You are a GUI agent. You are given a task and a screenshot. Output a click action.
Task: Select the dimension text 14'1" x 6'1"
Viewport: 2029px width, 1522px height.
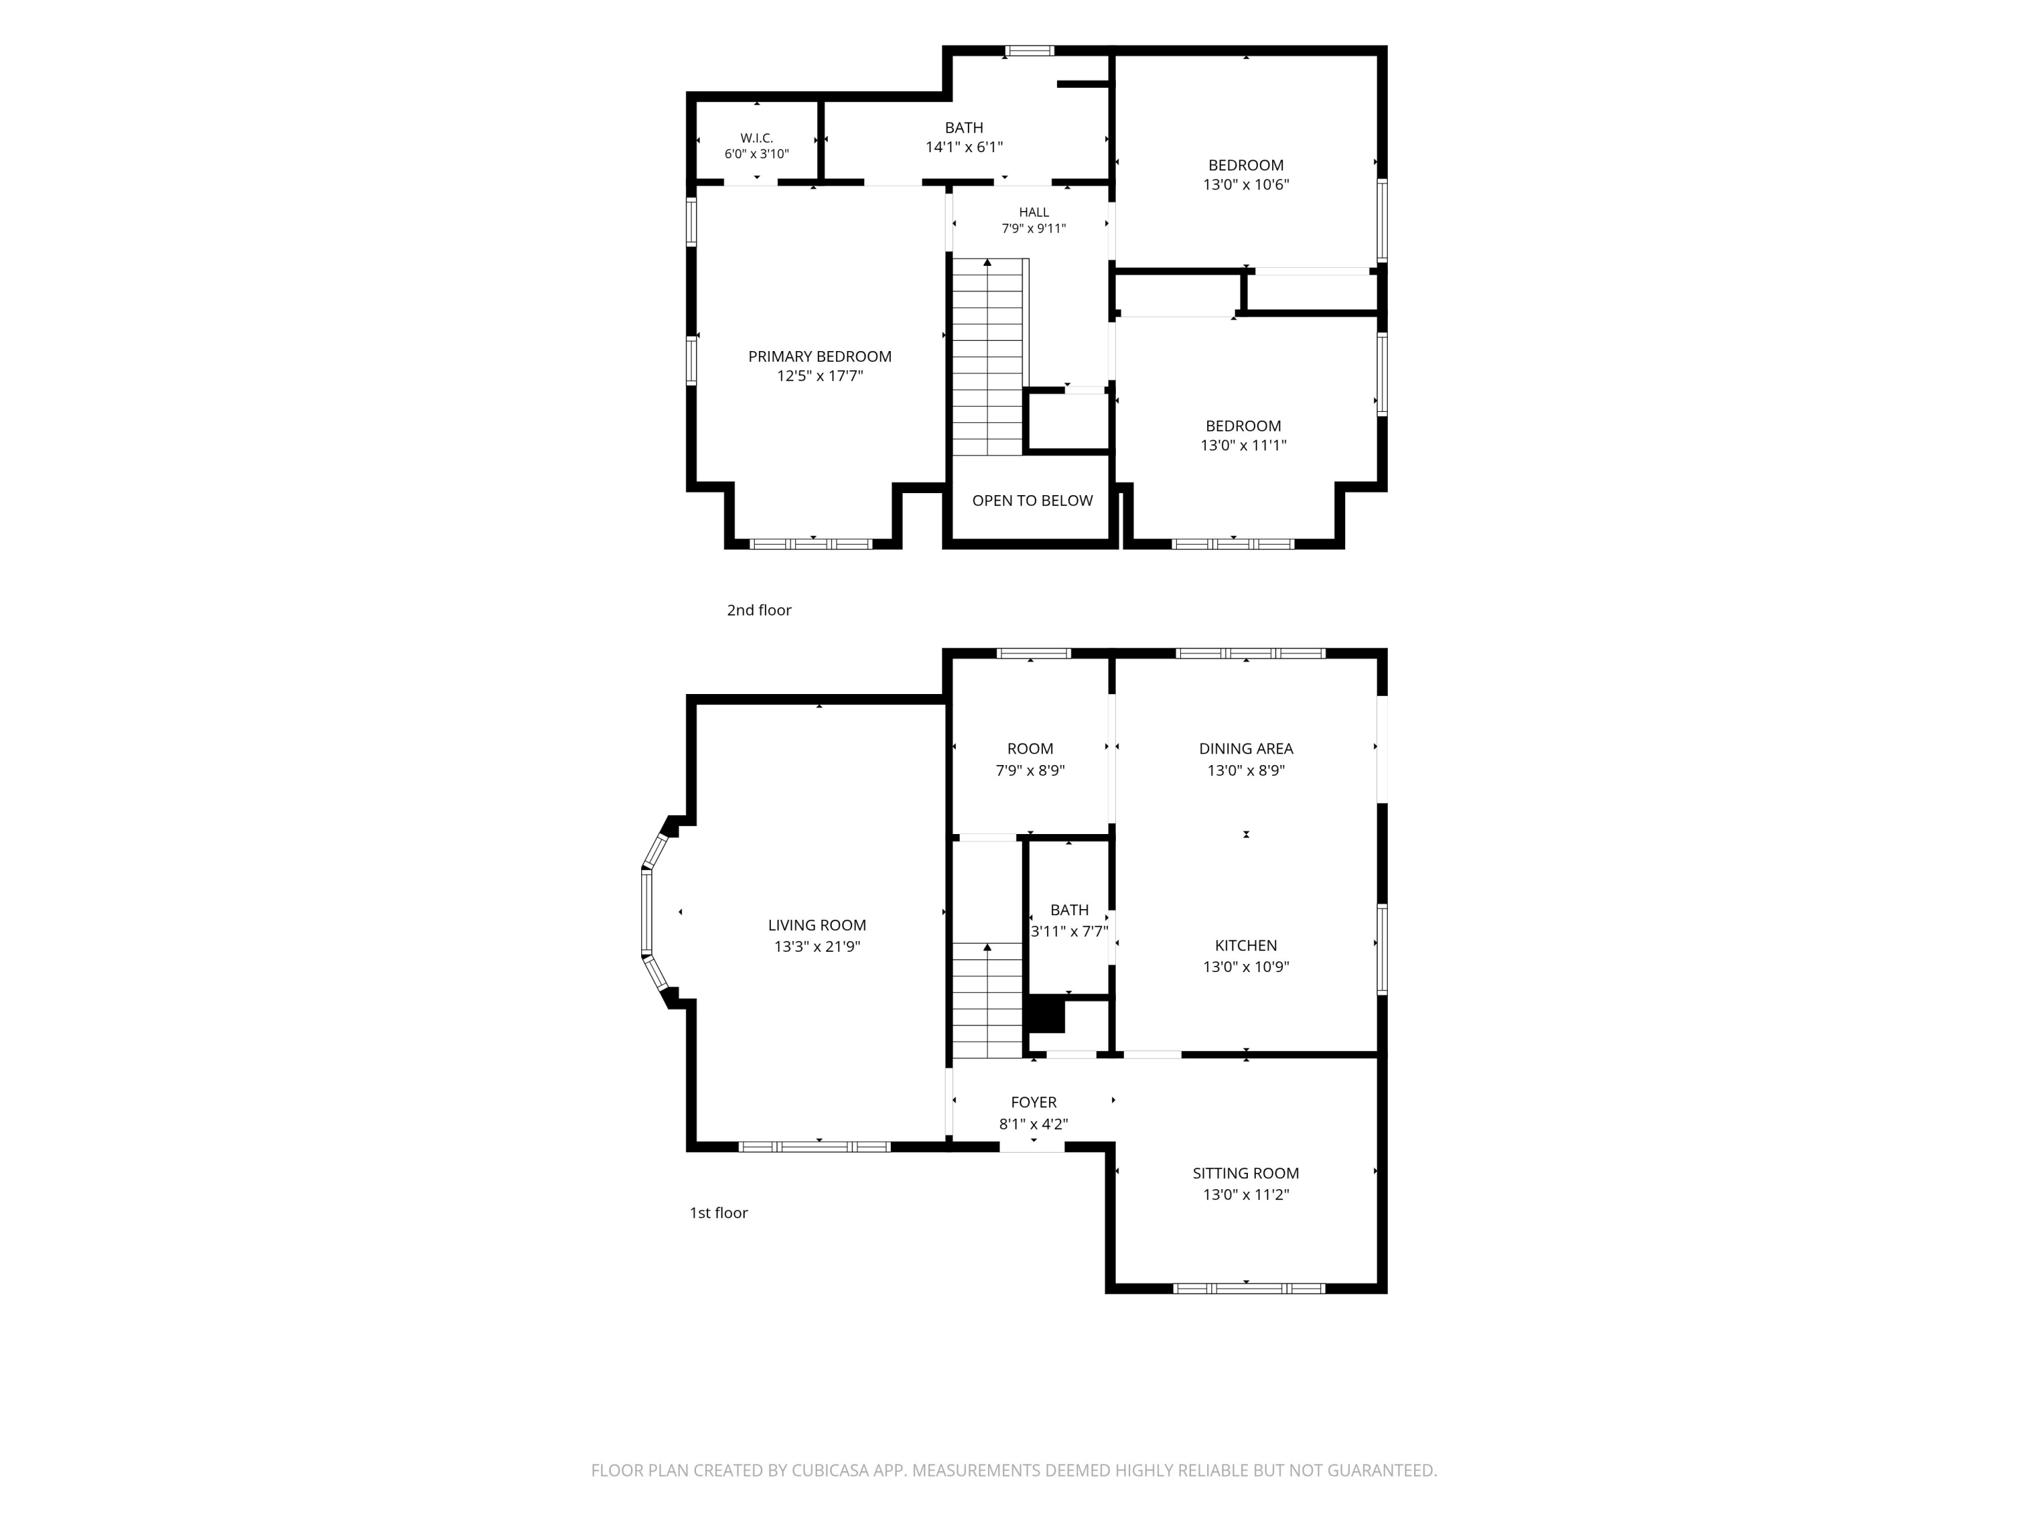[x=963, y=147]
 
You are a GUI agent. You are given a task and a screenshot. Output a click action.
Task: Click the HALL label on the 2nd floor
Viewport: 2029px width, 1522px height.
[x=1033, y=212]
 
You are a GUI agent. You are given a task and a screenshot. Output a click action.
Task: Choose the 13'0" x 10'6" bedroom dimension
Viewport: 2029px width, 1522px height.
[x=1246, y=185]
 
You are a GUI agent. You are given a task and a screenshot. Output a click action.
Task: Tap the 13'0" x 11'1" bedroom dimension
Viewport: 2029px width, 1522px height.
[x=1243, y=446]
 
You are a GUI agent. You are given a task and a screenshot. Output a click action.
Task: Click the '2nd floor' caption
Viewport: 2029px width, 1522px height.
[x=759, y=610]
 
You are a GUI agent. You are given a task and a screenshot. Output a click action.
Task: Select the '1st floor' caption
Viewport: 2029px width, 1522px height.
[x=718, y=1213]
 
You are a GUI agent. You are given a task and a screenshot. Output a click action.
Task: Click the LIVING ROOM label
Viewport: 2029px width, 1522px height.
[x=816, y=925]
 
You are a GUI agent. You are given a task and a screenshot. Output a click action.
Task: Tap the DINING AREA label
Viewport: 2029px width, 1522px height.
[x=1246, y=749]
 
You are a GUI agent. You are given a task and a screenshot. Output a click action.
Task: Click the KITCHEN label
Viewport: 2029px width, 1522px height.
[x=1246, y=945]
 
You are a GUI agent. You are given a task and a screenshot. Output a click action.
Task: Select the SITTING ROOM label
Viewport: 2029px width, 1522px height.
[x=1246, y=1174]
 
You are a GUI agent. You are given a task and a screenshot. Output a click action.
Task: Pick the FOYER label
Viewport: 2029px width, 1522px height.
[x=1033, y=1103]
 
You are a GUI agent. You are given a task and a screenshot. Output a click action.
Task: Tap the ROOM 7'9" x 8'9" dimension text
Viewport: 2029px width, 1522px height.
[x=1030, y=770]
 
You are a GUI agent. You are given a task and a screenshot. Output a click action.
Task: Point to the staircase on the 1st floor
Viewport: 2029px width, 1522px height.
[x=987, y=1000]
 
